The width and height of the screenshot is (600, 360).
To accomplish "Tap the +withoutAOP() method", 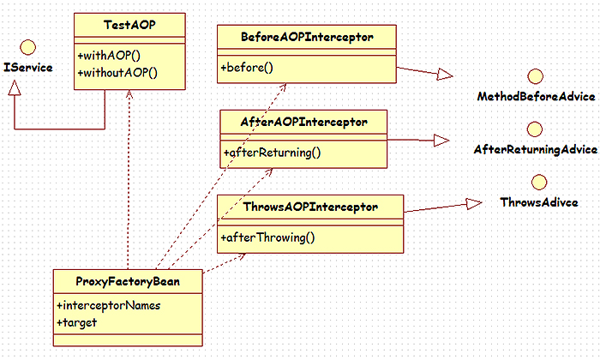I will pyautogui.click(x=117, y=72).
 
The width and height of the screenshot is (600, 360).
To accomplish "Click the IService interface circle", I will pyautogui.click(x=27, y=46).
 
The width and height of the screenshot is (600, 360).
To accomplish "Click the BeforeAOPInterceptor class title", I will pyautogui.click(x=306, y=38).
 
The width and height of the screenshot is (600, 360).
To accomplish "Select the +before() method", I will pyautogui.click(x=248, y=66).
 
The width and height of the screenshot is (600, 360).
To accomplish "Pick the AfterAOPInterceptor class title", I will pyautogui.click(x=303, y=122).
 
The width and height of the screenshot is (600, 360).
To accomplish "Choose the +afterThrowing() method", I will pyautogui.click(x=268, y=236).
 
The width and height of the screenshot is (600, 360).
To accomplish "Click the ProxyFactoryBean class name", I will pyautogui.click(x=128, y=281).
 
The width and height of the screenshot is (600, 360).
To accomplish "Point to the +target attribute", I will pyautogui.click(x=76, y=322).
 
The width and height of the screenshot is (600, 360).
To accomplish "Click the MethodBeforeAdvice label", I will pyautogui.click(x=536, y=97).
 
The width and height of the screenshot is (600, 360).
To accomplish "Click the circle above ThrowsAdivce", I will pyautogui.click(x=539, y=182).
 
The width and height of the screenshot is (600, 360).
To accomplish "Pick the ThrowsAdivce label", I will pyautogui.click(x=539, y=202).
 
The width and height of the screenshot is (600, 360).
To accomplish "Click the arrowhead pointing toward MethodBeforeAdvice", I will pyautogui.click(x=443, y=75).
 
